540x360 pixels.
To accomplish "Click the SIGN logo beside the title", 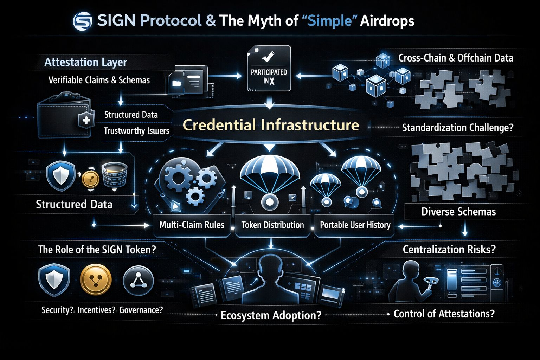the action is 82,21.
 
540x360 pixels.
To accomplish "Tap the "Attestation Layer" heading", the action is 85,63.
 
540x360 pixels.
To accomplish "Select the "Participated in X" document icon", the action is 269,68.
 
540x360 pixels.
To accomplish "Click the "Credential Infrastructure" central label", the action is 271,125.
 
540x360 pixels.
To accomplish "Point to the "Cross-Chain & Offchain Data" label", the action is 456,58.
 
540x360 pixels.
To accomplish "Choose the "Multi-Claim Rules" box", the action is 192,225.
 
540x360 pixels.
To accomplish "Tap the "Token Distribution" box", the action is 272,225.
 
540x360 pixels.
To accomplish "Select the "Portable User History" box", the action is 355,225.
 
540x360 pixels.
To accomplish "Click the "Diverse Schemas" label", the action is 458,212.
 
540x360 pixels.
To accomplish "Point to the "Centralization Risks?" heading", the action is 449,250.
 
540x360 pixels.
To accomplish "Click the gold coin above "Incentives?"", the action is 96,280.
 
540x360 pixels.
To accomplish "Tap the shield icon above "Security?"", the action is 54,280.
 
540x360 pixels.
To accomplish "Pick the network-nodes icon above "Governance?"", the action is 138,280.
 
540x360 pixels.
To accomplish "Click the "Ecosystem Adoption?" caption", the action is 271,315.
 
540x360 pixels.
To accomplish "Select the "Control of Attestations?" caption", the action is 444,314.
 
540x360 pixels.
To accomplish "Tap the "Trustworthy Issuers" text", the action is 136,131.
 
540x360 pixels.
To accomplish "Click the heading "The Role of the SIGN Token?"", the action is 97,250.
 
